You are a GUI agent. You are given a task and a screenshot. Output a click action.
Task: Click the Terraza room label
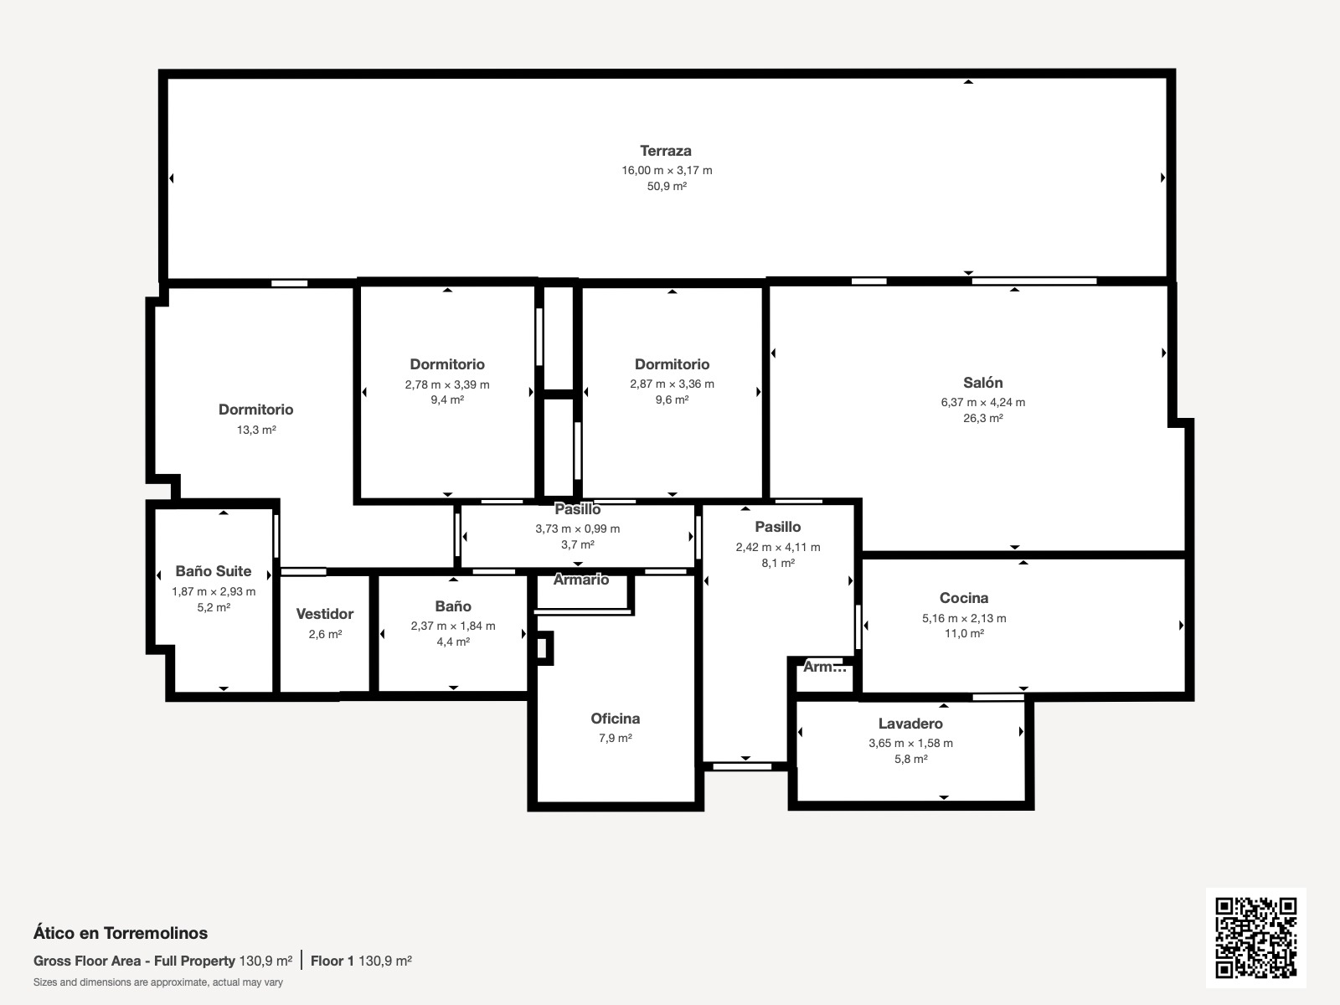click(x=666, y=151)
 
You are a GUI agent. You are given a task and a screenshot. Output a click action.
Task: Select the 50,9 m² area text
click(x=667, y=186)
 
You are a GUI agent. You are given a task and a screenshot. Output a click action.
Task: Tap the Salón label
click(x=983, y=383)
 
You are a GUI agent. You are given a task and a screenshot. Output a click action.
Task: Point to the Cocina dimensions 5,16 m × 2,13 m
click(x=964, y=618)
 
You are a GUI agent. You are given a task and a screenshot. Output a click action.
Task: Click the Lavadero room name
click(x=910, y=724)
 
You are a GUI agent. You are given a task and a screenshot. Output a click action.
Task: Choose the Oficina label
click(x=615, y=719)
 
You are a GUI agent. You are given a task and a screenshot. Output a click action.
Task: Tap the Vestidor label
click(x=325, y=614)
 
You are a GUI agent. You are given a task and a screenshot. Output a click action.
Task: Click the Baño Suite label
click(x=213, y=571)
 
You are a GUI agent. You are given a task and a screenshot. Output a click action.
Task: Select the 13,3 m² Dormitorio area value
click(x=256, y=430)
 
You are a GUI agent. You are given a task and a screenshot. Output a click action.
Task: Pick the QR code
click(x=1255, y=937)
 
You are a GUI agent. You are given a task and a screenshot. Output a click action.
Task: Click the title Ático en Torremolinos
click(x=121, y=933)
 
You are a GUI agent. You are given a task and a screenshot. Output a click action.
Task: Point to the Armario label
click(x=581, y=580)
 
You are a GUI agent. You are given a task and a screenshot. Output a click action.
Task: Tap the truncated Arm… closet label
click(x=825, y=667)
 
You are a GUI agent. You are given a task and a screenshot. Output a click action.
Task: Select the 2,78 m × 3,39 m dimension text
click(x=447, y=384)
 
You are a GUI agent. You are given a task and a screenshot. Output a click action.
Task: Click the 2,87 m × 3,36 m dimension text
click(x=672, y=384)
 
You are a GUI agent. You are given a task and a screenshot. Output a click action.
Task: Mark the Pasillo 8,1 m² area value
click(x=778, y=563)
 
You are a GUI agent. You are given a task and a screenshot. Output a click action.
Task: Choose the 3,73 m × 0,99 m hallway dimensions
click(x=578, y=528)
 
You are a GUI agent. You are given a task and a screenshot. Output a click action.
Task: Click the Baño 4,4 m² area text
click(x=453, y=642)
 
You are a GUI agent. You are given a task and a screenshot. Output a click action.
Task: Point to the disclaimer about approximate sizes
click(x=158, y=982)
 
